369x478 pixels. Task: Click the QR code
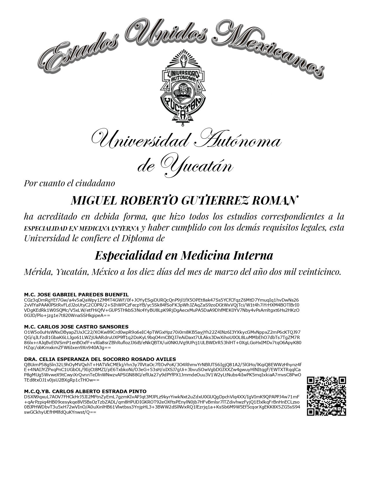326,396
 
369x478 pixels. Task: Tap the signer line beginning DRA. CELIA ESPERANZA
100,359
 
